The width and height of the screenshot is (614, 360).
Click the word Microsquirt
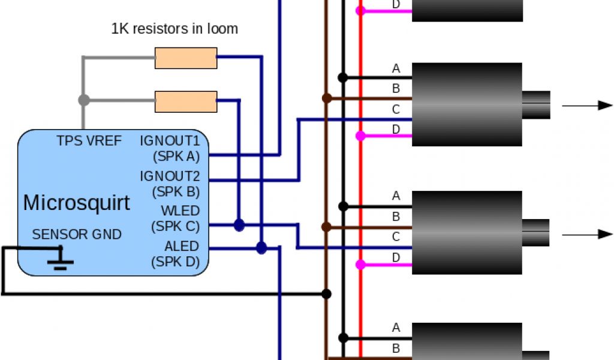click(x=76, y=203)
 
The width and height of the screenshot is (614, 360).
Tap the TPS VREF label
click(x=89, y=141)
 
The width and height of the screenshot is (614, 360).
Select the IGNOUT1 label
click(x=170, y=141)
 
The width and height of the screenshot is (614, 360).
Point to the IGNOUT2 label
click(x=170, y=176)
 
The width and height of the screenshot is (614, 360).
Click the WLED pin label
click(x=180, y=211)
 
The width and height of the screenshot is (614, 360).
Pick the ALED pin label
click(x=182, y=247)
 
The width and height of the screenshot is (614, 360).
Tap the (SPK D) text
click(x=176, y=262)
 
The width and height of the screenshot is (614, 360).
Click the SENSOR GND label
click(x=77, y=234)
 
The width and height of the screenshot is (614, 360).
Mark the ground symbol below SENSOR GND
click(x=61, y=259)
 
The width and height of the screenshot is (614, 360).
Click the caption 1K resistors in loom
click(x=174, y=28)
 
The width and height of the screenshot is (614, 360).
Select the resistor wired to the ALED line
click(x=186, y=58)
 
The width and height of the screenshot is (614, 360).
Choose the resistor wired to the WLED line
click(x=186, y=101)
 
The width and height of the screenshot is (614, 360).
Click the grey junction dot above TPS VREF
click(x=84, y=100)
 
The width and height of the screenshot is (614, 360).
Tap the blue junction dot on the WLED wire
click(x=239, y=225)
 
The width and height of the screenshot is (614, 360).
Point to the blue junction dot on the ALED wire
click(x=261, y=248)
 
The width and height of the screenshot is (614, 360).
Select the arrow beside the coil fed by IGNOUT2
click(x=587, y=106)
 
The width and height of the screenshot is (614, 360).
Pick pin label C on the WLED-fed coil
click(x=396, y=237)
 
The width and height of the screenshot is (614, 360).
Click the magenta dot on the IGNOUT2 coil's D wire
click(x=360, y=136)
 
